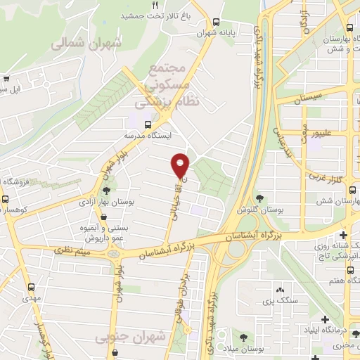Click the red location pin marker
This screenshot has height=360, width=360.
click(181, 165)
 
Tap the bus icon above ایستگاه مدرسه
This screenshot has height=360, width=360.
click(148, 123)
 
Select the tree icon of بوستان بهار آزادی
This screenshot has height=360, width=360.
click(106, 191)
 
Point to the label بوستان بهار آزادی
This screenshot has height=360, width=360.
click(106, 202)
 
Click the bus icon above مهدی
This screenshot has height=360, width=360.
click(31, 287)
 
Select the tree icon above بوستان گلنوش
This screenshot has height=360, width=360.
click(260, 198)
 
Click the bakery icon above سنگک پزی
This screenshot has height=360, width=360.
click(280, 289)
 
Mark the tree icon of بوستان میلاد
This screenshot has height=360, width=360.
click(243, 337)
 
